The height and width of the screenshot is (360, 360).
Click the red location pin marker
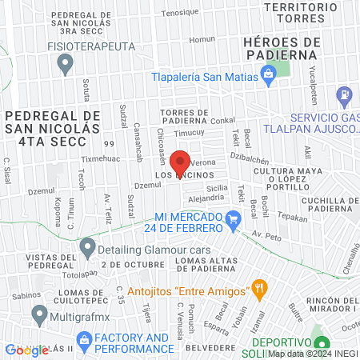pyautogui.click(x=181, y=162)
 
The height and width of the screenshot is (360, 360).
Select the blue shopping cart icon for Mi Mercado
pyautogui.click(x=233, y=218)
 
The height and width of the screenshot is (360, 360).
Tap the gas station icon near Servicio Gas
pyautogui.click(x=345, y=95)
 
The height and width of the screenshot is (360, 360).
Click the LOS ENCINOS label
pyautogui.click(x=182, y=174)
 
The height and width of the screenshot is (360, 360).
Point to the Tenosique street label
pyautogui.click(x=179, y=12)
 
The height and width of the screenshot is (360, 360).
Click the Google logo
pyautogui.click(x=26, y=350)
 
